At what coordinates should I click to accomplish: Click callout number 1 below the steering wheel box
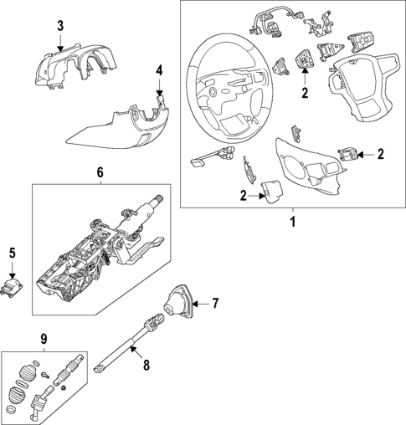(x=292, y=223)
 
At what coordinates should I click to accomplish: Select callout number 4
(x=160, y=69)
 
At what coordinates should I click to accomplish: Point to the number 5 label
(x=12, y=251)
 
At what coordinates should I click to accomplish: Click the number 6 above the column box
(x=100, y=172)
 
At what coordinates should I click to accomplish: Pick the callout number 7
(x=214, y=302)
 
